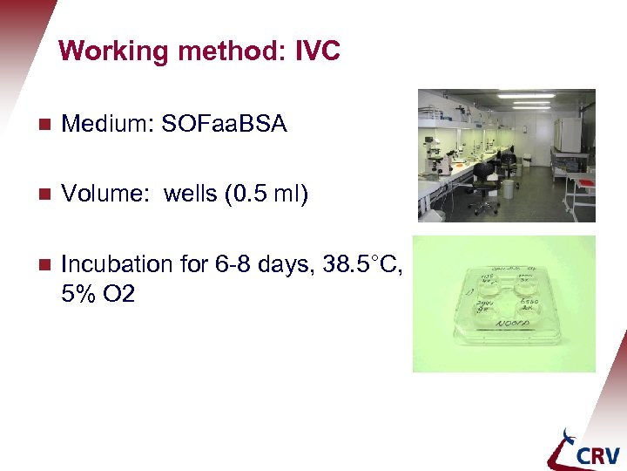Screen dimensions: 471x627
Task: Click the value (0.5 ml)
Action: coord(266,194)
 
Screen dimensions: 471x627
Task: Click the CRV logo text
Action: coord(597,454)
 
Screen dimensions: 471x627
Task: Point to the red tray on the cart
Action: coord(581,181)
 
